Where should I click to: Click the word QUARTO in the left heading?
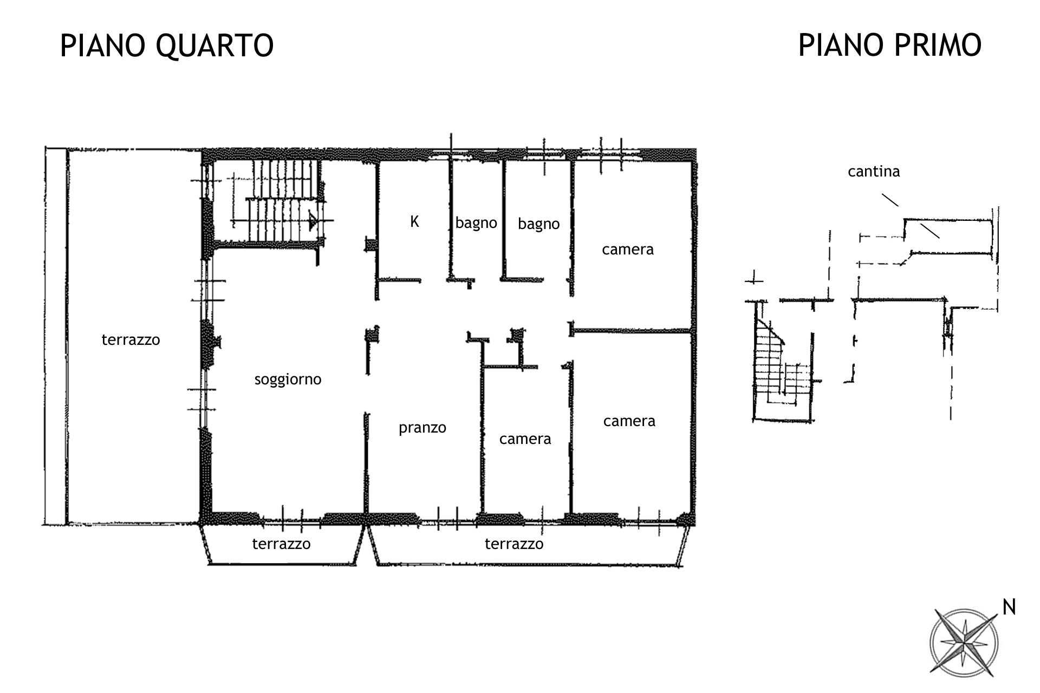point(214,45)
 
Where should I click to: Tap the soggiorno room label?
point(288,380)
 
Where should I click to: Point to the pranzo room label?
point(422,428)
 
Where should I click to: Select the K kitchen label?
point(414,221)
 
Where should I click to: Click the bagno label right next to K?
point(476,223)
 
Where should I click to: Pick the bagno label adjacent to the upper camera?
point(538,224)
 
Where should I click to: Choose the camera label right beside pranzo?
point(525,439)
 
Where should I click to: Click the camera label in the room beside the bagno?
point(628,250)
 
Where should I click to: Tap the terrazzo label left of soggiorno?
point(131,339)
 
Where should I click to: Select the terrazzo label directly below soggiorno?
point(281,544)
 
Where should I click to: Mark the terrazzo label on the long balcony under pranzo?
point(514,544)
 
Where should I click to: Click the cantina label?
point(874,172)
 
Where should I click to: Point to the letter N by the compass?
point(1009,607)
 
